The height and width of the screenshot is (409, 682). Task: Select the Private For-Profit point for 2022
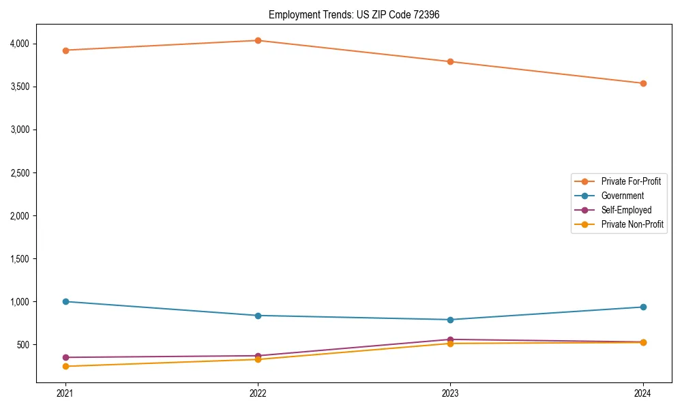[x=258, y=41]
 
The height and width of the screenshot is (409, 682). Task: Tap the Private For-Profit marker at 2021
[x=65, y=50]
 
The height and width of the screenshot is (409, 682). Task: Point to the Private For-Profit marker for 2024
[x=643, y=84]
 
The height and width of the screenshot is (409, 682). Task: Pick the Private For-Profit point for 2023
[x=450, y=62]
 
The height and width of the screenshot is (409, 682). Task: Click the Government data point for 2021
[x=65, y=301]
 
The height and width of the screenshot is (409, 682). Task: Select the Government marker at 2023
[x=450, y=320]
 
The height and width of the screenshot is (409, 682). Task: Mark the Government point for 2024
[x=643, y=307]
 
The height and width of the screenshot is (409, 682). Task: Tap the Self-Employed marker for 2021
[x=65, y=357]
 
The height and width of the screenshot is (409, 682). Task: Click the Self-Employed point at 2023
[x=450, y=339]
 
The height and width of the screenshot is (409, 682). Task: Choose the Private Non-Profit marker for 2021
[x=65, y=367]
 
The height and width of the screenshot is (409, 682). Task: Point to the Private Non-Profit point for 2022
[x=258, y=359]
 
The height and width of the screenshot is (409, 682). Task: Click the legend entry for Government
[x=622, y=196]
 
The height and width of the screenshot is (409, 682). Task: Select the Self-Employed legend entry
[x=626, y=210]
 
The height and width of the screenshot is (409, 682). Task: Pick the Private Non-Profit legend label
[x=632, y=224]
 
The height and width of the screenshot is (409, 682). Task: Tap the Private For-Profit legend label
[x=631, y=181]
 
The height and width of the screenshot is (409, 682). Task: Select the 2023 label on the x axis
[x=450, y=393]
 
